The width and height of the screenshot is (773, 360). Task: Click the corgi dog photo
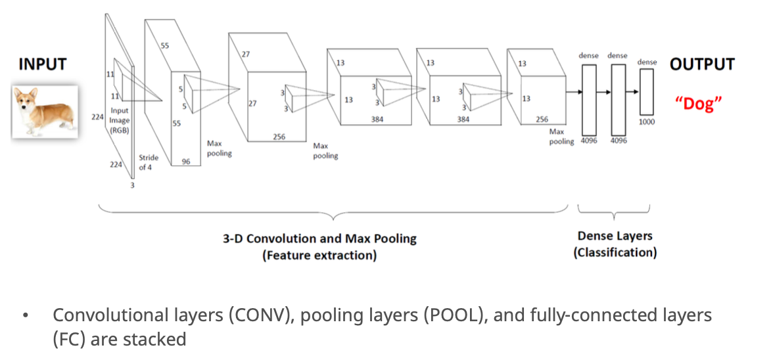(x=45, y=111)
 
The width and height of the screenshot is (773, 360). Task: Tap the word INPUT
(x=42, y=64)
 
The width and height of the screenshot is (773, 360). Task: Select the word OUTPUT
(x=702, y=64)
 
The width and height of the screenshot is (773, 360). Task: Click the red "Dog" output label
(x=699, y=104)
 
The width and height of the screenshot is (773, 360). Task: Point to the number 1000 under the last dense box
(x=647, y=122)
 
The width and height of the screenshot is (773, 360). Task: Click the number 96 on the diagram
(x=186, y=161)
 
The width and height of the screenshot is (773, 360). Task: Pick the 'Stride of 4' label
(x=149, y=162)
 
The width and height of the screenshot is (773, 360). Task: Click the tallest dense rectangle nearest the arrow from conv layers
(x=589, y=100)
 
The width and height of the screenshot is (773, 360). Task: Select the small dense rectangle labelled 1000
(x=646, y=92)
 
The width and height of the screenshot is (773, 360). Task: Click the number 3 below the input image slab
(x=132, y=186)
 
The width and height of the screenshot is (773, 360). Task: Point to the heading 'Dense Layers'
(x=615, y=236)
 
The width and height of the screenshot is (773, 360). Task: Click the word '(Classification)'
(x=615, y=253)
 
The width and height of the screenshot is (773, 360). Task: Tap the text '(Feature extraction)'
(x=319, y=256)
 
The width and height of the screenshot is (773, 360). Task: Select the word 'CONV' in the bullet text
(x=258, y=315)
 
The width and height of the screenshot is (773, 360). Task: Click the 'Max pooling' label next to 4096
(x=561, y=137)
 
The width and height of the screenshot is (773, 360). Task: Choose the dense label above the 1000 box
(x=647, y=62)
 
